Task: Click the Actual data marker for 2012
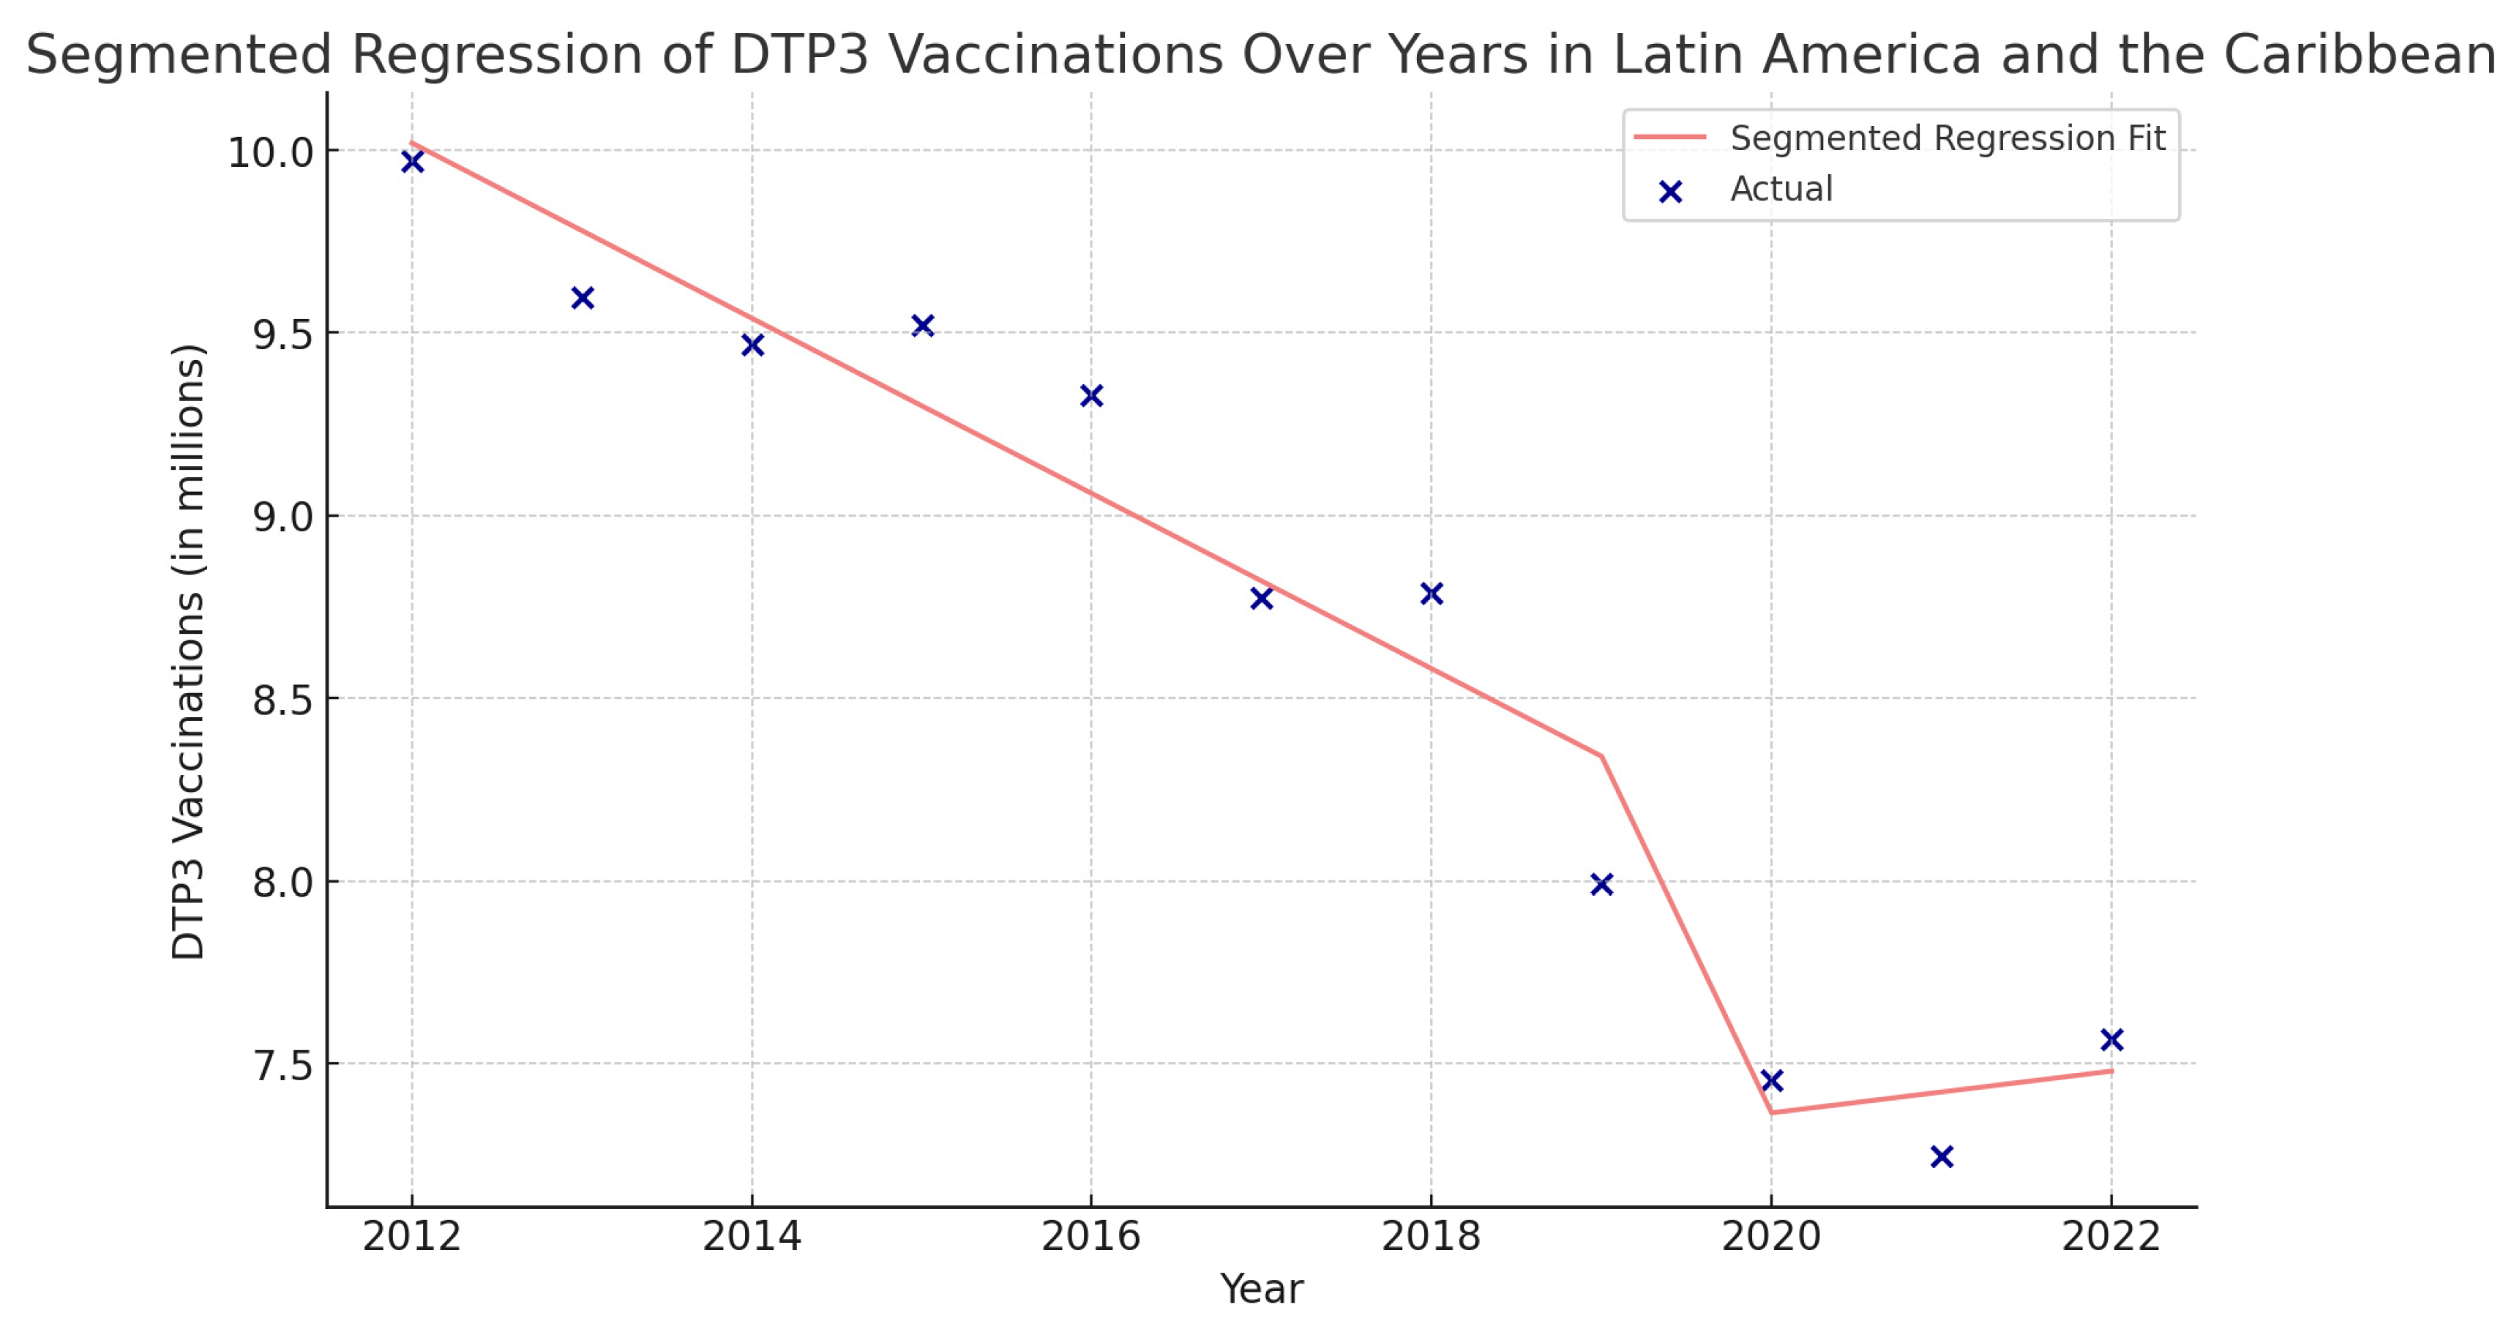(x=412, y=162)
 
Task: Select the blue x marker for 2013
(x=583, y=298)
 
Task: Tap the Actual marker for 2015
(x=922, y=325)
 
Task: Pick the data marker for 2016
(x=1091, y=395)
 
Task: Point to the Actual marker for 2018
(x=1432, y=594)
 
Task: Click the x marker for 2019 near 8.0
(x=1601, y=884)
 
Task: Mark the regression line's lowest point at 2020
(x=1771, y=1112)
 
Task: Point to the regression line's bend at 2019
(x=1601, y=755)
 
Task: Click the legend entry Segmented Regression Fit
(x=1946, y=138)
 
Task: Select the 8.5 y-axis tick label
(x=282, y=700)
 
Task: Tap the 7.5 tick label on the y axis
(x=282, y=1066)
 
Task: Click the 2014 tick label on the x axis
(x=752, y=1236)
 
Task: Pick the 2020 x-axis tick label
(x=1771, y=1236)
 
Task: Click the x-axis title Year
(x=1261, y=1289)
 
